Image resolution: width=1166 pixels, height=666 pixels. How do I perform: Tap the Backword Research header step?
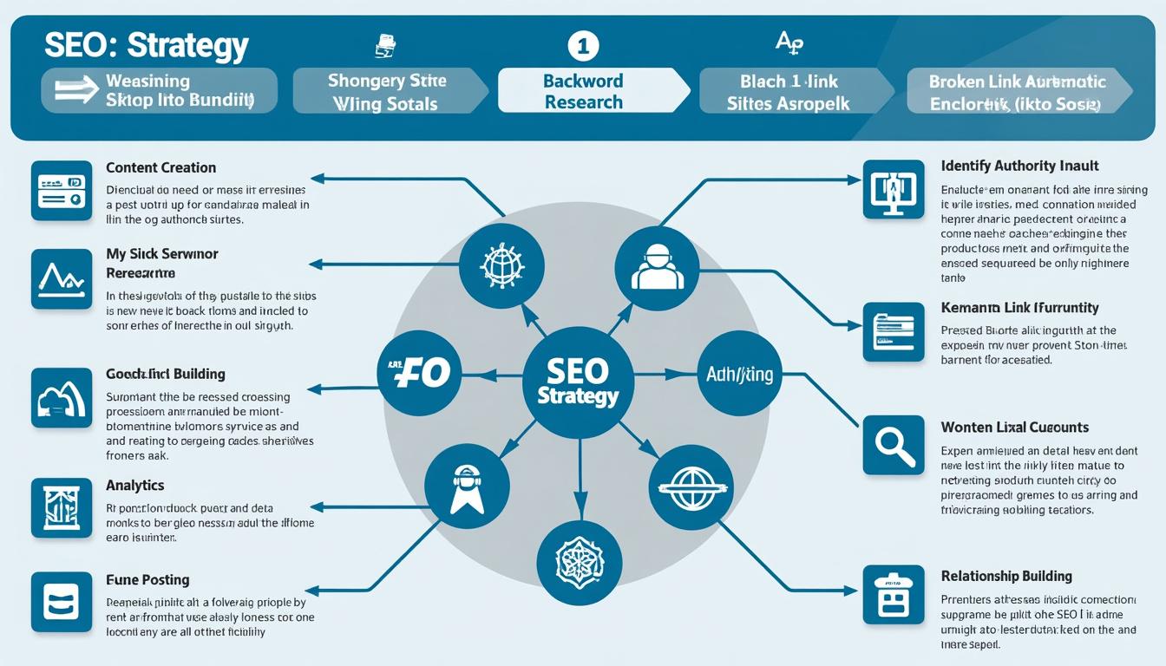point(583,91)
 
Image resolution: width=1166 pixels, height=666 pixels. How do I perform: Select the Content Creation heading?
point(160,167)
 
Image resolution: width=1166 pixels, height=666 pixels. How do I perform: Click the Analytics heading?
point(134,486)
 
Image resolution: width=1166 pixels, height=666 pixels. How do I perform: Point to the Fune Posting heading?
point(147,580)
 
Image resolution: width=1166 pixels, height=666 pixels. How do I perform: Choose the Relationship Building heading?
point(1006,577)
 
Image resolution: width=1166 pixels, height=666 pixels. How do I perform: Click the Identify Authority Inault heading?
point(1019,166)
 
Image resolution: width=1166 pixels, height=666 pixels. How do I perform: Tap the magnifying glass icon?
point(894,445)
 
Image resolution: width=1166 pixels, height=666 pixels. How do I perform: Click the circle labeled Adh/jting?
point(739,375)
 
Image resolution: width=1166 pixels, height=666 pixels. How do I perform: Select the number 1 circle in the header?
point(583,46)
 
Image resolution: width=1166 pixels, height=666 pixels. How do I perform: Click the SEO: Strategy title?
point(146,45)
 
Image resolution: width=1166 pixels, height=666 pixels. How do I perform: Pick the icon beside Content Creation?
point(61,191)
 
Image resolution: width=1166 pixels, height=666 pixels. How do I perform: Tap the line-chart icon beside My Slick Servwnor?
point(61,279)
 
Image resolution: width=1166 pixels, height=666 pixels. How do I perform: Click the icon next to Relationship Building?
point(894,595)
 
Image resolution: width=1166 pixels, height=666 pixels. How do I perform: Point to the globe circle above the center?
point(501,265)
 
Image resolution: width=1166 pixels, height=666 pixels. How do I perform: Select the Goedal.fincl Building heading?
point(165,375)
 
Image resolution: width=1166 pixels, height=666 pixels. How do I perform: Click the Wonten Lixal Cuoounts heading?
point(1014,428)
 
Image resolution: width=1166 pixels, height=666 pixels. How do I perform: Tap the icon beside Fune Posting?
point(61,601)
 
